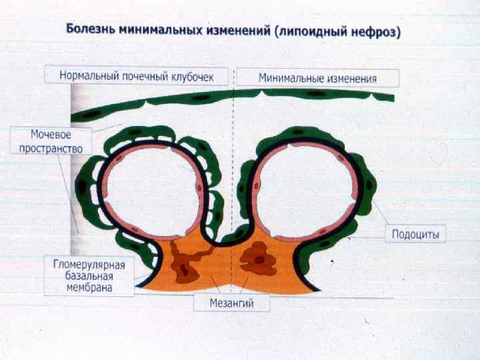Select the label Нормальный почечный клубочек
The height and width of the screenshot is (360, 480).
[137, 77]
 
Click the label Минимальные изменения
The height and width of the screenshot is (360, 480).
[317, 78]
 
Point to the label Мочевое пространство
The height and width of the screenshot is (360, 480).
[47, 141]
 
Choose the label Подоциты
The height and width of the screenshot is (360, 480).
[415, 235]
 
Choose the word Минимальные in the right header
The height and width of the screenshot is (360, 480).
[289, 78]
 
